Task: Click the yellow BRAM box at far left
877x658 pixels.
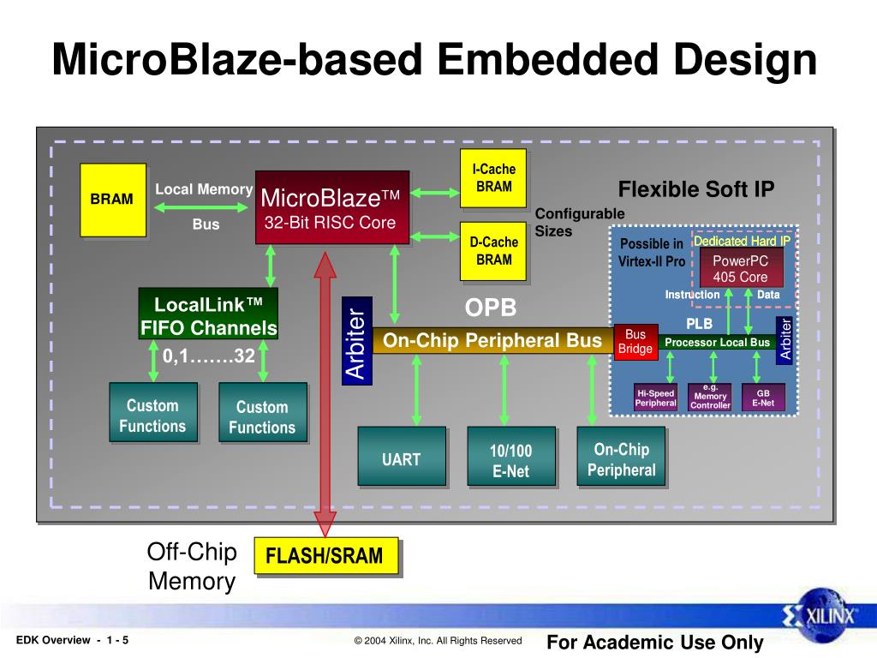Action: [x=112, y=200]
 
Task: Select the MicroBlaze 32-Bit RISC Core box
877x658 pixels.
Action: [x=331, y=208]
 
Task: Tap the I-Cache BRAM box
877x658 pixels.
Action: [x=493, y=178]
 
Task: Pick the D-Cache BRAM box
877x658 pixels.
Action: [x=493, y=251]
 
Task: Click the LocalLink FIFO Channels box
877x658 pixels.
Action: [x=208, y=315]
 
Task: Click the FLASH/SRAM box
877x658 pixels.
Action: [x=325, y=557]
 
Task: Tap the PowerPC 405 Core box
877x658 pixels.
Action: [x=740, y=267]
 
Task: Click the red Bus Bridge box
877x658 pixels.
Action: [x=635, y=341]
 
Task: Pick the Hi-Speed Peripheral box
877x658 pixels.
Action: [x=655, y=398]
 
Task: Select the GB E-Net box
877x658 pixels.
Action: [x=762, y=398]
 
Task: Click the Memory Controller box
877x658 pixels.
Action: [x=710, y=398]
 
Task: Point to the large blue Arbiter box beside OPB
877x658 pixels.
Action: [x=355, y=341]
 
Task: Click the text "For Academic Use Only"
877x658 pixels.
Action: [x=654, y=642]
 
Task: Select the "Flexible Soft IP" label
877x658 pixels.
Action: [x=696, y=189]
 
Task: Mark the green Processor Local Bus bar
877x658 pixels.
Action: [x=718, y=342]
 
